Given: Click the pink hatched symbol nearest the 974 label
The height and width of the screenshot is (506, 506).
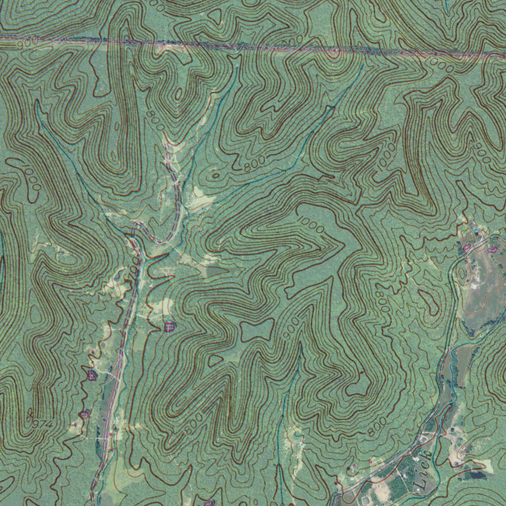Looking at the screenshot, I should (x=84, y=413).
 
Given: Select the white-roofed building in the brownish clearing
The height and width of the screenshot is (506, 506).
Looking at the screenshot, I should (x=475, y=285).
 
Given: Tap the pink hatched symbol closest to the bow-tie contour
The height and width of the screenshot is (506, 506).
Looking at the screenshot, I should (x=169, y=326).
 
